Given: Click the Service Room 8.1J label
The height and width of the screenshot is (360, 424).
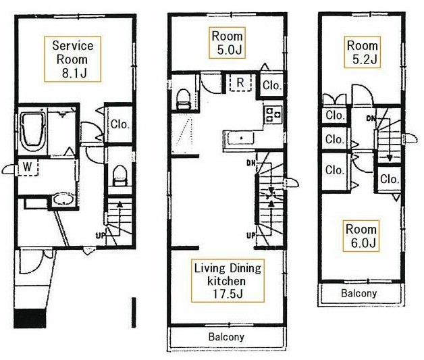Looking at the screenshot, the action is pyautogui.click(x=73, y=59).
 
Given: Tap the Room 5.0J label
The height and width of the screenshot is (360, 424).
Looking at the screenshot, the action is pyautogui.click(x=227, y=43).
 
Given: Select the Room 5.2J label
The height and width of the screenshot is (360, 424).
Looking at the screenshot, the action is pyautogui.click(x=363, y=52).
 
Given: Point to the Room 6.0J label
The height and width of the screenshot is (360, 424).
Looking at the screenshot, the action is pyautogui.click(x=361, y=236).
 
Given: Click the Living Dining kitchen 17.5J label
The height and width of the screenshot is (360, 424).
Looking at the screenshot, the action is pyautogui.click(x=228, y=281).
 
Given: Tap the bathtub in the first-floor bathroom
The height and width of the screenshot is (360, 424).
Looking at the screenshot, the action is pyautogui.click(x=32, y=132).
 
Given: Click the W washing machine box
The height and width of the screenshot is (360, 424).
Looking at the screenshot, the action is pyautogui.click(x=28, y=167).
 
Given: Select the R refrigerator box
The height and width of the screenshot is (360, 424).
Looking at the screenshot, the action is pyautogui.click(x=240, y=82).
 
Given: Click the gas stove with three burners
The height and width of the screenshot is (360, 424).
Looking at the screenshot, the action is pyautogui.click(x=273, y=114).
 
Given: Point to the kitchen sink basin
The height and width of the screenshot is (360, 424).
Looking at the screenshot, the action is pyautogui.click(x=240, y=138).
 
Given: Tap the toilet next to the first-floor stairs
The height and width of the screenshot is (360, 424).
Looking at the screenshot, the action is pyautogui.click(x=120, y=175).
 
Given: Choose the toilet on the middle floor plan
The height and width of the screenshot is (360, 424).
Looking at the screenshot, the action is pyautogui.click(x=184, y=99).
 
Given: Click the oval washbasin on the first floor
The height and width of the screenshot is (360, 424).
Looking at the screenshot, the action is pyautogui.click(x=63, y=200).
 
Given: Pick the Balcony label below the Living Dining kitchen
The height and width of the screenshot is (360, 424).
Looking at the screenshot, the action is pyautogui.click(x=226, y=337).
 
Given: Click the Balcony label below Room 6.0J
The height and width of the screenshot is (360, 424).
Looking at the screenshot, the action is pyautogui.click(x=359, y=293).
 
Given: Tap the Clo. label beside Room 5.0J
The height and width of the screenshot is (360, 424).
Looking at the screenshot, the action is pyautogui.click(x=272, y=86).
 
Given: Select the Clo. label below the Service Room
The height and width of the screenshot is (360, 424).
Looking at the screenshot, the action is pyautogui.click(x=120, y=124).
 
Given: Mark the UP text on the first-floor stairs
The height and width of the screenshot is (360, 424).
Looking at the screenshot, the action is pyautogui.click(x=101, y=236).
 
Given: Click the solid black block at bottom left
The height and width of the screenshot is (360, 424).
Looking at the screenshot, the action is pyautogui.click(x=30, y=319).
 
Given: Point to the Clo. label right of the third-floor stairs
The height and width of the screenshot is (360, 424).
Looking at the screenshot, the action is pyautogui.click(x=390, y=179).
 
